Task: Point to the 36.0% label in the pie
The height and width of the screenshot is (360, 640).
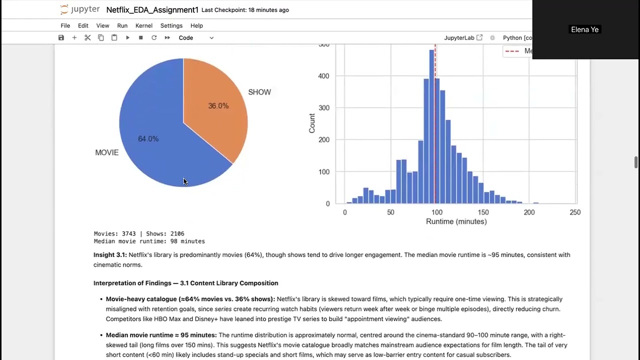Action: pos(218,106)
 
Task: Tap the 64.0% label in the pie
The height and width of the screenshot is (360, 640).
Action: pos(148,139)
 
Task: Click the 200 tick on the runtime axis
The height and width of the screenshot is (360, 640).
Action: pos(529,212)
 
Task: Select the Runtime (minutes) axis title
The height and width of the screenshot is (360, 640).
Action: pos(456,221)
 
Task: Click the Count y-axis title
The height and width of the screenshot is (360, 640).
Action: pos(312,123)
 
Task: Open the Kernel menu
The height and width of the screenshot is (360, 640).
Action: pos(144,25)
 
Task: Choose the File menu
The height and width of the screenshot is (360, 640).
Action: pos(65,25)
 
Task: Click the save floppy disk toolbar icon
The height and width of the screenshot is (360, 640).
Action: pos(61,38)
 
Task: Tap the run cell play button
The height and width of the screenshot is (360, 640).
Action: pos(127,38)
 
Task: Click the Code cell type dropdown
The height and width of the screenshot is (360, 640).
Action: pos(196,38)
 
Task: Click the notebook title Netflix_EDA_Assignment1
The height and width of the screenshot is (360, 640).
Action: pos(152,10)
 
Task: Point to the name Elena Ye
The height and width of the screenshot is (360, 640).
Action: pos(584,30)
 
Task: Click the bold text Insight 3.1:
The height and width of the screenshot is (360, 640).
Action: pos(110,255)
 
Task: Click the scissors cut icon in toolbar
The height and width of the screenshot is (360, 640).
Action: pos(87,38)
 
